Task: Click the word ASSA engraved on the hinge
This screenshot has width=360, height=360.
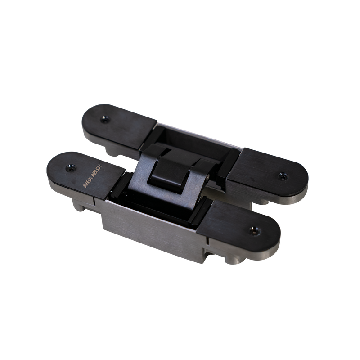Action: click(86, 182)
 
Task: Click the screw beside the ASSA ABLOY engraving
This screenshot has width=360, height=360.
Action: click(71, 168)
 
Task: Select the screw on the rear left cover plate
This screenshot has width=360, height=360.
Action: click(105, 119)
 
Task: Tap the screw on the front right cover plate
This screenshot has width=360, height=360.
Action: click(255, 231)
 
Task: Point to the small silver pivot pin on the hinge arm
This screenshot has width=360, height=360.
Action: click(208, 176)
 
